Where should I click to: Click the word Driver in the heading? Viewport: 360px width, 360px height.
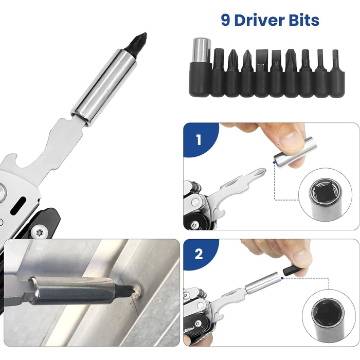(260, 20)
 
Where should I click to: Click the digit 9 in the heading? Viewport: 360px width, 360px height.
(225, 20)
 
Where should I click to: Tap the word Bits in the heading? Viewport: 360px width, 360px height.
(304, 20)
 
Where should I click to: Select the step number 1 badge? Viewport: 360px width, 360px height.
(199, 139)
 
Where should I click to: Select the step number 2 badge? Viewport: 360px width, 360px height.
(199, 255)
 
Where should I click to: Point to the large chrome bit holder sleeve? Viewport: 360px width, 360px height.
(104, 88)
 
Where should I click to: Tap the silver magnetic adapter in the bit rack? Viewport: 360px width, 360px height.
(201, 50)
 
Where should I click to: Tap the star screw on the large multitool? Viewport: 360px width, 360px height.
(40, 233)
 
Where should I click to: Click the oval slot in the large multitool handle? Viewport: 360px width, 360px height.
(18, 206)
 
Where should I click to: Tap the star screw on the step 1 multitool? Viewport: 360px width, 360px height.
(195, 225)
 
